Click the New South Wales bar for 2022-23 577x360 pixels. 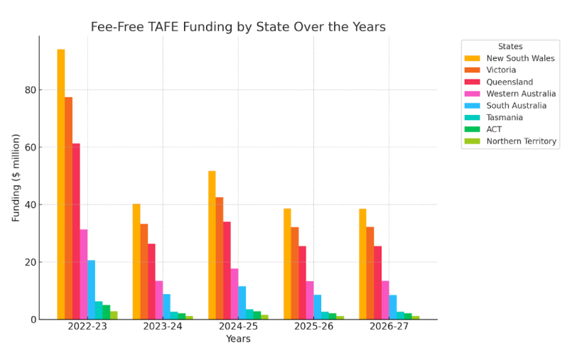[x=61, y=185]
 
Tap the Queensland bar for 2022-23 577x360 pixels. [x=76, y=231]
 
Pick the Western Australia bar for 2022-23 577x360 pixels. [x=84, y=274]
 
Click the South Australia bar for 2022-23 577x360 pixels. [x=91, y=290]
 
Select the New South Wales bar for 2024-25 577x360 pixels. [x=212, y=245]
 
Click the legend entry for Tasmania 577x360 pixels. [x=505, y=117]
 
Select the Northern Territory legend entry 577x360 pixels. [x=521, y=141]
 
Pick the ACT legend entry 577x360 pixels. [x=494, y=129]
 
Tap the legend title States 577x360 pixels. [x=510, y=46]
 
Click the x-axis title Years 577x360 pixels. [x=238, y=339]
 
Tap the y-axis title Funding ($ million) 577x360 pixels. [x=16, y=178]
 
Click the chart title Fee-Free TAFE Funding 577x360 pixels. [x=238, y=27]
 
